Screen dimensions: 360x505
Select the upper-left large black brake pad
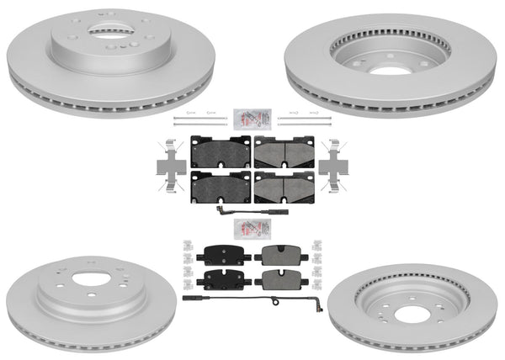tap(221, 151)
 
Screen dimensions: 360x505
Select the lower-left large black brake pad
tap(221, 186)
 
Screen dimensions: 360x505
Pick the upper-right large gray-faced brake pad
tap(284, 151)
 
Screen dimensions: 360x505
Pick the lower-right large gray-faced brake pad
tap(284, 186)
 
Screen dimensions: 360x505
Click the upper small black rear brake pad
tap(223, 255)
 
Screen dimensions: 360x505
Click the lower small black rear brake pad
tap(223, 278)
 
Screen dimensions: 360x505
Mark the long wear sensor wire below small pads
tap(252, 297)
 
